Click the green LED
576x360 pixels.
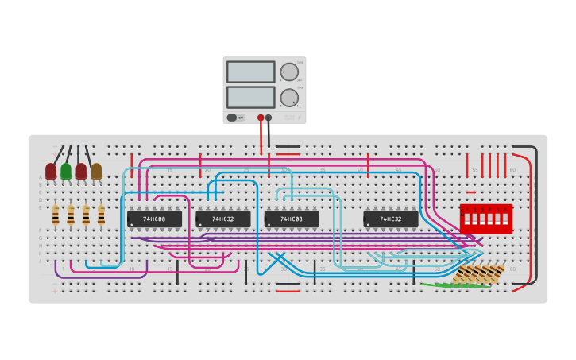[x=66, y=171]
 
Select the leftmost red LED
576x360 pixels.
[x=51, y=171]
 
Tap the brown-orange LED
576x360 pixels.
[x=96, y=171]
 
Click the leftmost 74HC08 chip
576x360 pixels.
[x=154, y=219]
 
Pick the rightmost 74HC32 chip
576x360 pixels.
[x=390, y=219]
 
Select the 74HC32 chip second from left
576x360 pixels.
[x=222, y=219]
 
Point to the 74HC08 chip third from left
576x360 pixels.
[x=292, y=219]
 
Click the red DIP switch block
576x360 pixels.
[x=485, y=219]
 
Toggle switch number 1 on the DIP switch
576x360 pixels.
[x=467, y=219]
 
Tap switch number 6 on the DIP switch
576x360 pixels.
[x=504, y=219]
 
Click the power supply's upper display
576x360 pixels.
[x=250, y=72]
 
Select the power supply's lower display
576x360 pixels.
[x=250, y=97]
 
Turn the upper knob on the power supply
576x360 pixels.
[x=289, y=72]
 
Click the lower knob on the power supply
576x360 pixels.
[x=289, y=98]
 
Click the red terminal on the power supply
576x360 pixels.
[x=261, y=118]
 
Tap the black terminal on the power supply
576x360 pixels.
[x=269, y=118]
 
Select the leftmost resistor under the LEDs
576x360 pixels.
[x=55, y=215]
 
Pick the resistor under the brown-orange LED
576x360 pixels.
[x=101, y=215]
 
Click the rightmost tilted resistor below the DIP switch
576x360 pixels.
[x=497, y=273]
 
